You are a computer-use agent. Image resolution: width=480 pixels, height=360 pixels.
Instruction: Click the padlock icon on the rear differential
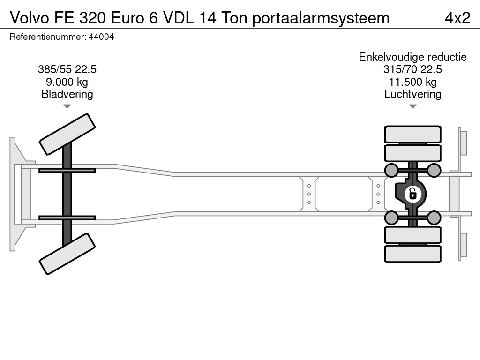pyautogui.click(x=412, y=193)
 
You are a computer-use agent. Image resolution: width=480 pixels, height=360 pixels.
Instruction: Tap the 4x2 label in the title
pyautogui.click(x=457, y=18)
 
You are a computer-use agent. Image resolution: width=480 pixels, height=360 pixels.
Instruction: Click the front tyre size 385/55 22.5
pyautogui.click(x=67, y=70)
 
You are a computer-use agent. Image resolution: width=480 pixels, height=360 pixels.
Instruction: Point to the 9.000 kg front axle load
pyautogui.click(x=67, y=82)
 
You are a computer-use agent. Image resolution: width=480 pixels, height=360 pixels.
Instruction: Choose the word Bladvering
pyautogui.click(x=67, y=94)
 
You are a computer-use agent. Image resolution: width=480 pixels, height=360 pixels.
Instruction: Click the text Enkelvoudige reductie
pyautogui.click(x=412, y=57)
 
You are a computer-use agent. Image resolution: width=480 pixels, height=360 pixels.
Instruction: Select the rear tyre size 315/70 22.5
pyautogui.click(x=412, y=70)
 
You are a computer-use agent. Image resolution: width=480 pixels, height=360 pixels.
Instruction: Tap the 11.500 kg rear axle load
pyautogui.click(x=412, y=82)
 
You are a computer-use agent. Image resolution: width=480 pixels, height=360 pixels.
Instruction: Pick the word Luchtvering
pyautogui.click(x=412, y=94)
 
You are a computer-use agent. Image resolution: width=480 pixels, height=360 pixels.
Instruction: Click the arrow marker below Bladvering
pyautogui.click(x=67, y=106)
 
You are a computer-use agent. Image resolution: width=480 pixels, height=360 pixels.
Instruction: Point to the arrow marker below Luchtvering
pyautogui.click(x=412, y=106)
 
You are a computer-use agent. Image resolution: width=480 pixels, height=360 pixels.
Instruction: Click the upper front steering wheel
pyautogui.click(x=67, y=134)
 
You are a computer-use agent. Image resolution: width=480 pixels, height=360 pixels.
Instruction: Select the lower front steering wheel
pyautogui.click(x=67, y=255)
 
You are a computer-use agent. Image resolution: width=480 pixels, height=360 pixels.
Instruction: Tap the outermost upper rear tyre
pyautogui.click(x=412, y=134)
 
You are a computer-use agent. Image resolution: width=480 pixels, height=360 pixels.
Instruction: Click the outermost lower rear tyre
pyautogui.click(x=412, y=254)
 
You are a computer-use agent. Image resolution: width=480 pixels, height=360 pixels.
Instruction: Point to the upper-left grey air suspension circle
pyautogui.click(x=391, y=170)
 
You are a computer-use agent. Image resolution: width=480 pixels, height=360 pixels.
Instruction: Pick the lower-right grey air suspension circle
pyautogui.click(x=434, y=217)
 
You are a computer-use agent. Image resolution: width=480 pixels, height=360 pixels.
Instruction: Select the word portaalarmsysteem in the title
pyautogui.click(x=321, y=18)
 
